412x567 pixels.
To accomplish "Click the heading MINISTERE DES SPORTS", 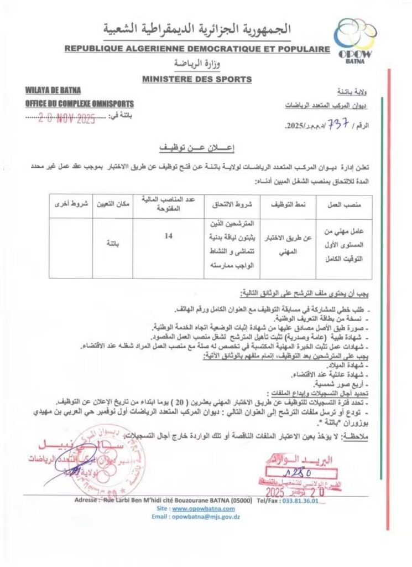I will [197, 80].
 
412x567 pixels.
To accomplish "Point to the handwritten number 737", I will [337, 125].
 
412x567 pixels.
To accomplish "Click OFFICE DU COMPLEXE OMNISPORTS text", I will [80, 104].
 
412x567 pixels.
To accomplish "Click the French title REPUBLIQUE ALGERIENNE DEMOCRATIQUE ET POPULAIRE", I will [197, 49].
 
